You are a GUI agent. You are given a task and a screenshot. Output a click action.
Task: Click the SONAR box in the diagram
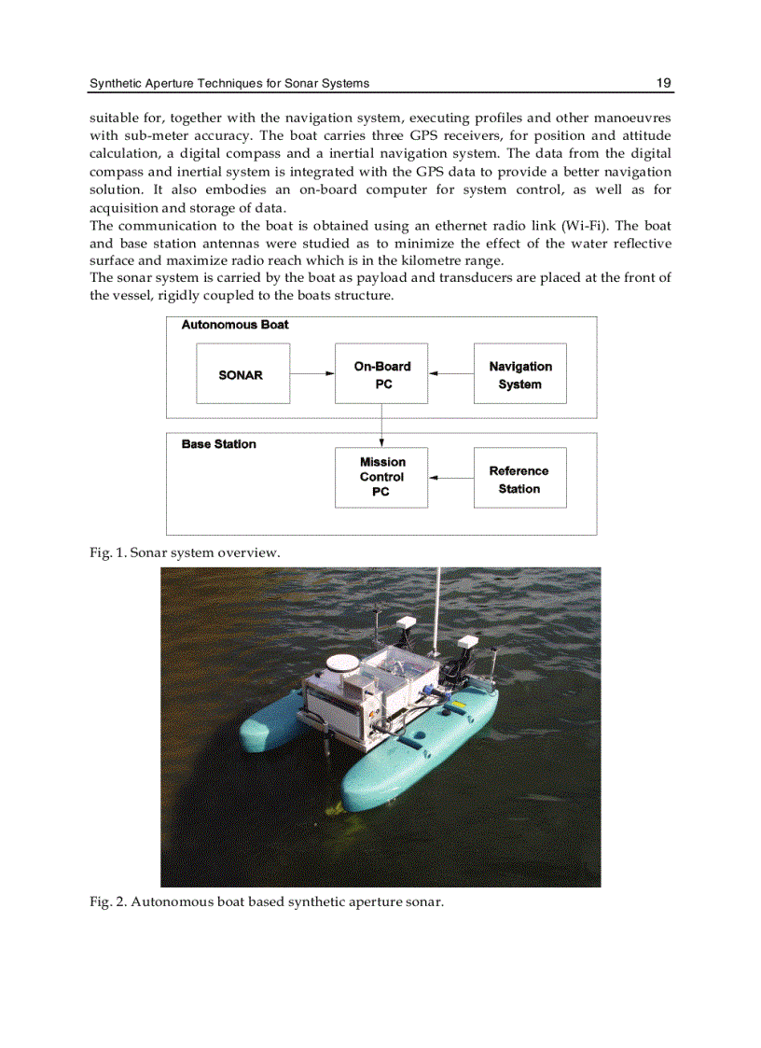pos(242,374)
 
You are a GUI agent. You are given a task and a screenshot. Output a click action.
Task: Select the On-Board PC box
pos(381,374)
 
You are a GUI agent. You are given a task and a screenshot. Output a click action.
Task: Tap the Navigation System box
pos(519,374)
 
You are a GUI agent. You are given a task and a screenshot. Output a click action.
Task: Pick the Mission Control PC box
pos(381,477)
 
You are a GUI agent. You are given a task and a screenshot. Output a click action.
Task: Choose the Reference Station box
pos(519,479)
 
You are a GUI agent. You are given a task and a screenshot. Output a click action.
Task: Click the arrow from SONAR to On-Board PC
pos(312,373)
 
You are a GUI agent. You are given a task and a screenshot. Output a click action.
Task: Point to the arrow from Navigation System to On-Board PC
pos(451,374)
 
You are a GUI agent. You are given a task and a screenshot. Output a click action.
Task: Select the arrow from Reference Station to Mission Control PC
pos(451,478)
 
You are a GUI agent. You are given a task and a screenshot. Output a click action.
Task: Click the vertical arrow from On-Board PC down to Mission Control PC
pos(381,426)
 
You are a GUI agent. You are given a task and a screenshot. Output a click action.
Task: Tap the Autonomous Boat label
pos(235,325)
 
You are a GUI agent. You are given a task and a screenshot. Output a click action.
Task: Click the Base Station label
pos(218,444)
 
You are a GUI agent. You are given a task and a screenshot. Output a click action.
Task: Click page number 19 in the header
pos(663,83)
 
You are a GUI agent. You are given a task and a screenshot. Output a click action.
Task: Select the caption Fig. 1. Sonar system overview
pos(185,552)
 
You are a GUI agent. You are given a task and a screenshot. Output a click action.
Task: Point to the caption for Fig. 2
pos(266,901)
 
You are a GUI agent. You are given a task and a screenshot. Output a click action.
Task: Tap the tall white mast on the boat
pos(437,607)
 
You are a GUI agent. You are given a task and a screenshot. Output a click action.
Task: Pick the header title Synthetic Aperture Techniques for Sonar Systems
pos(229,83)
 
